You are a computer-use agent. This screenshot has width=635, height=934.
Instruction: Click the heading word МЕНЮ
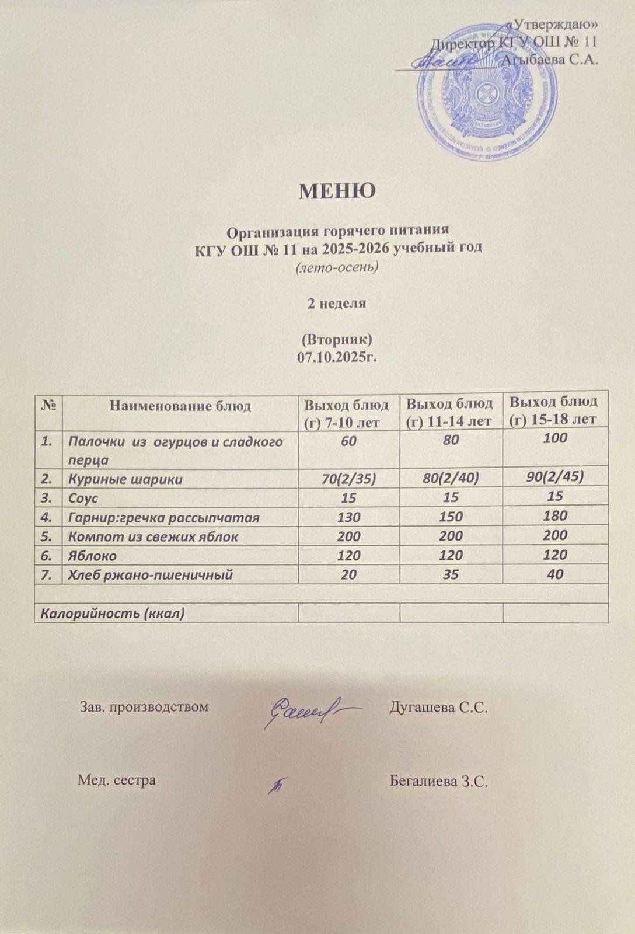(x=337, y=191)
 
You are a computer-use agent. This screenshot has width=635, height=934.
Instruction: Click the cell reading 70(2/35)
(x=348, y=479)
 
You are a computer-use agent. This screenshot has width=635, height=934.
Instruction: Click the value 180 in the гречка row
(x=555, y=516)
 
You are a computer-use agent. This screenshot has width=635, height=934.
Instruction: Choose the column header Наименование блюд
(x=180, y=406)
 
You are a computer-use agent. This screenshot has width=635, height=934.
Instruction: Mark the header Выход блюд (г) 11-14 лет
(x=450, y=412)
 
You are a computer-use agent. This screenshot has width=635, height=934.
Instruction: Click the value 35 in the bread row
(x=451, y=575)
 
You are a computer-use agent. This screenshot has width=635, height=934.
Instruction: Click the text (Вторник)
(x=337, y=340)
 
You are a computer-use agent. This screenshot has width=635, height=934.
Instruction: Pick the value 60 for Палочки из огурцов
(x=348, y=438)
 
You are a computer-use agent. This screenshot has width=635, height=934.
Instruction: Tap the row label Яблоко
(x=92, y=556)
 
